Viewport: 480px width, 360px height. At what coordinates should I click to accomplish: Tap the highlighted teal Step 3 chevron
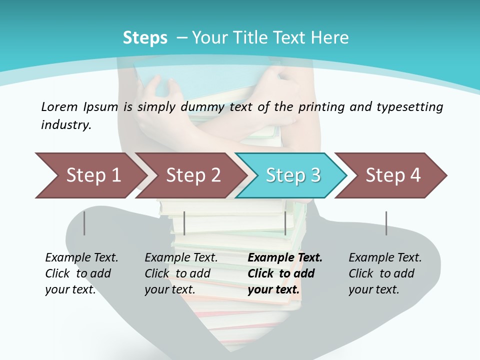293,175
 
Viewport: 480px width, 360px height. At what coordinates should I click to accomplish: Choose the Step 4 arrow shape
393,175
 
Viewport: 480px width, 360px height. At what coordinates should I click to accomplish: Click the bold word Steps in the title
145,38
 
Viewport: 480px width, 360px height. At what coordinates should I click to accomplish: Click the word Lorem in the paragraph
59,106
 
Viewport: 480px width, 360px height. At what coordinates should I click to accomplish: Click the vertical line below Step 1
84,223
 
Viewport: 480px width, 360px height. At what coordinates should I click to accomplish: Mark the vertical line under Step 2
184,223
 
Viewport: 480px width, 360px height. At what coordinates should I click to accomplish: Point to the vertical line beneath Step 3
285,223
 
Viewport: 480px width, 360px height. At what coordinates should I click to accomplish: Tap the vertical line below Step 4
386,223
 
